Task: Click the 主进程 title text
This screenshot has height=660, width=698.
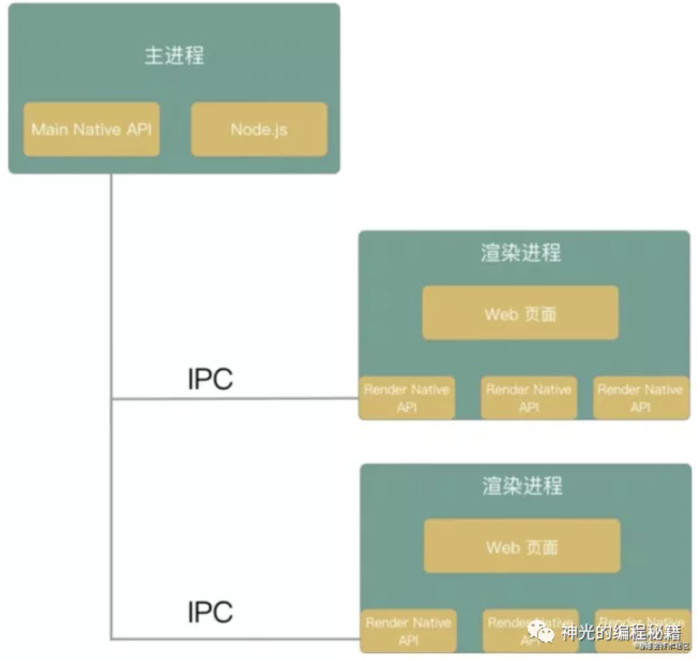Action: click(x=174, y=56)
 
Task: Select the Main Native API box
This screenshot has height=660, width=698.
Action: click(x=91, y=129)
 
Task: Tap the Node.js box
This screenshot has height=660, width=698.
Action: click(x=259, y=129)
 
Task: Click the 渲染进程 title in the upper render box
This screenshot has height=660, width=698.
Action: click(x=521, y=253)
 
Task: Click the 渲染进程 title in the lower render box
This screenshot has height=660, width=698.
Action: click(x=522, y=485)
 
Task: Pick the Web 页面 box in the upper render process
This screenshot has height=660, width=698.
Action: click(x=520, y=313)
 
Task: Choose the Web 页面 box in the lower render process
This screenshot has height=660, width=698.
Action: click(x=521, y=547)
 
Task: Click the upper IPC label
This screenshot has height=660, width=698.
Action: click(x=210, y=379)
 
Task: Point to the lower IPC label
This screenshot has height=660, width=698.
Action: click(x=210, y=612)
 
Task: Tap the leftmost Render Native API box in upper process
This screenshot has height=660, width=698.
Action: click(x=407, y=398)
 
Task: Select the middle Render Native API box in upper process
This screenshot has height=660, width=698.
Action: click(x=528, y=398)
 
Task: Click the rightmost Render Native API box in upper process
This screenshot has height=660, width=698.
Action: click(x=640, y=398)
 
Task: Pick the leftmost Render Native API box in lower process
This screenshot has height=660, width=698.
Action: click(x=408, y=631)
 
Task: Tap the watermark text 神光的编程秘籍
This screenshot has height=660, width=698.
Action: click(x=621, y=633)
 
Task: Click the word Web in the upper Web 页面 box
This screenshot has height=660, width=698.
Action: click(x=501, y=314)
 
